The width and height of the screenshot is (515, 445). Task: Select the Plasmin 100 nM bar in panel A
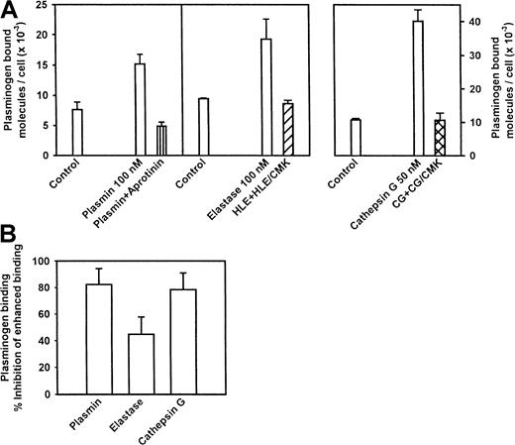tap(140, 110)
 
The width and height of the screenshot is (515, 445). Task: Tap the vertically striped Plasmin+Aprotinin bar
tap(161, 141)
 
